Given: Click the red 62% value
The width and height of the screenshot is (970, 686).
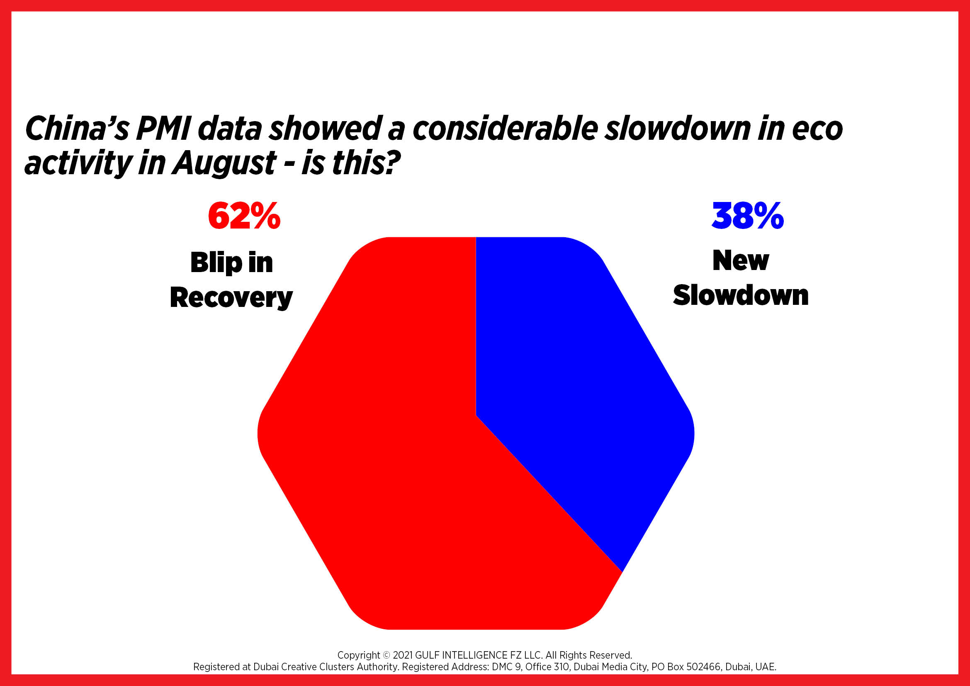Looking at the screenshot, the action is point(244,216).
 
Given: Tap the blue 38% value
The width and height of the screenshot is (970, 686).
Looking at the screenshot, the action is point(747,216).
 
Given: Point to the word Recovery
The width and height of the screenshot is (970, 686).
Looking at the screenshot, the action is point(231,298).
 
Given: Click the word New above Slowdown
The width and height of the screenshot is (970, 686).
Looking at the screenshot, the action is point(741,260).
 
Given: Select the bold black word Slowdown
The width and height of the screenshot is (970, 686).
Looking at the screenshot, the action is point(741,295).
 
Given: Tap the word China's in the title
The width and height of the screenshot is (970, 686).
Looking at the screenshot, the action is point(76,129).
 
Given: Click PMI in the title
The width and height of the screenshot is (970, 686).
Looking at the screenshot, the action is point(163,129).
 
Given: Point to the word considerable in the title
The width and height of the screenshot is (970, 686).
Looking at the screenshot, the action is point(505,129).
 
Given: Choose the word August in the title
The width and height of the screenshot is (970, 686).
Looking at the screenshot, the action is point(224,164).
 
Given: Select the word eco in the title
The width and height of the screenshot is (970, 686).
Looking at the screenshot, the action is point(817,130).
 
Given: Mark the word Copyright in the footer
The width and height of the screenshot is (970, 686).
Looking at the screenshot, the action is point(359,655).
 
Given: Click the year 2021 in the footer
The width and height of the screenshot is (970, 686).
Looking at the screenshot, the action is point(403,655).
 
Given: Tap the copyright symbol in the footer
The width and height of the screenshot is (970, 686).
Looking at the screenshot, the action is point(387,656).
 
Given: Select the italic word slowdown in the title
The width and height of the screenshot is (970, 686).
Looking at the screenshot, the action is point(678,129).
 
